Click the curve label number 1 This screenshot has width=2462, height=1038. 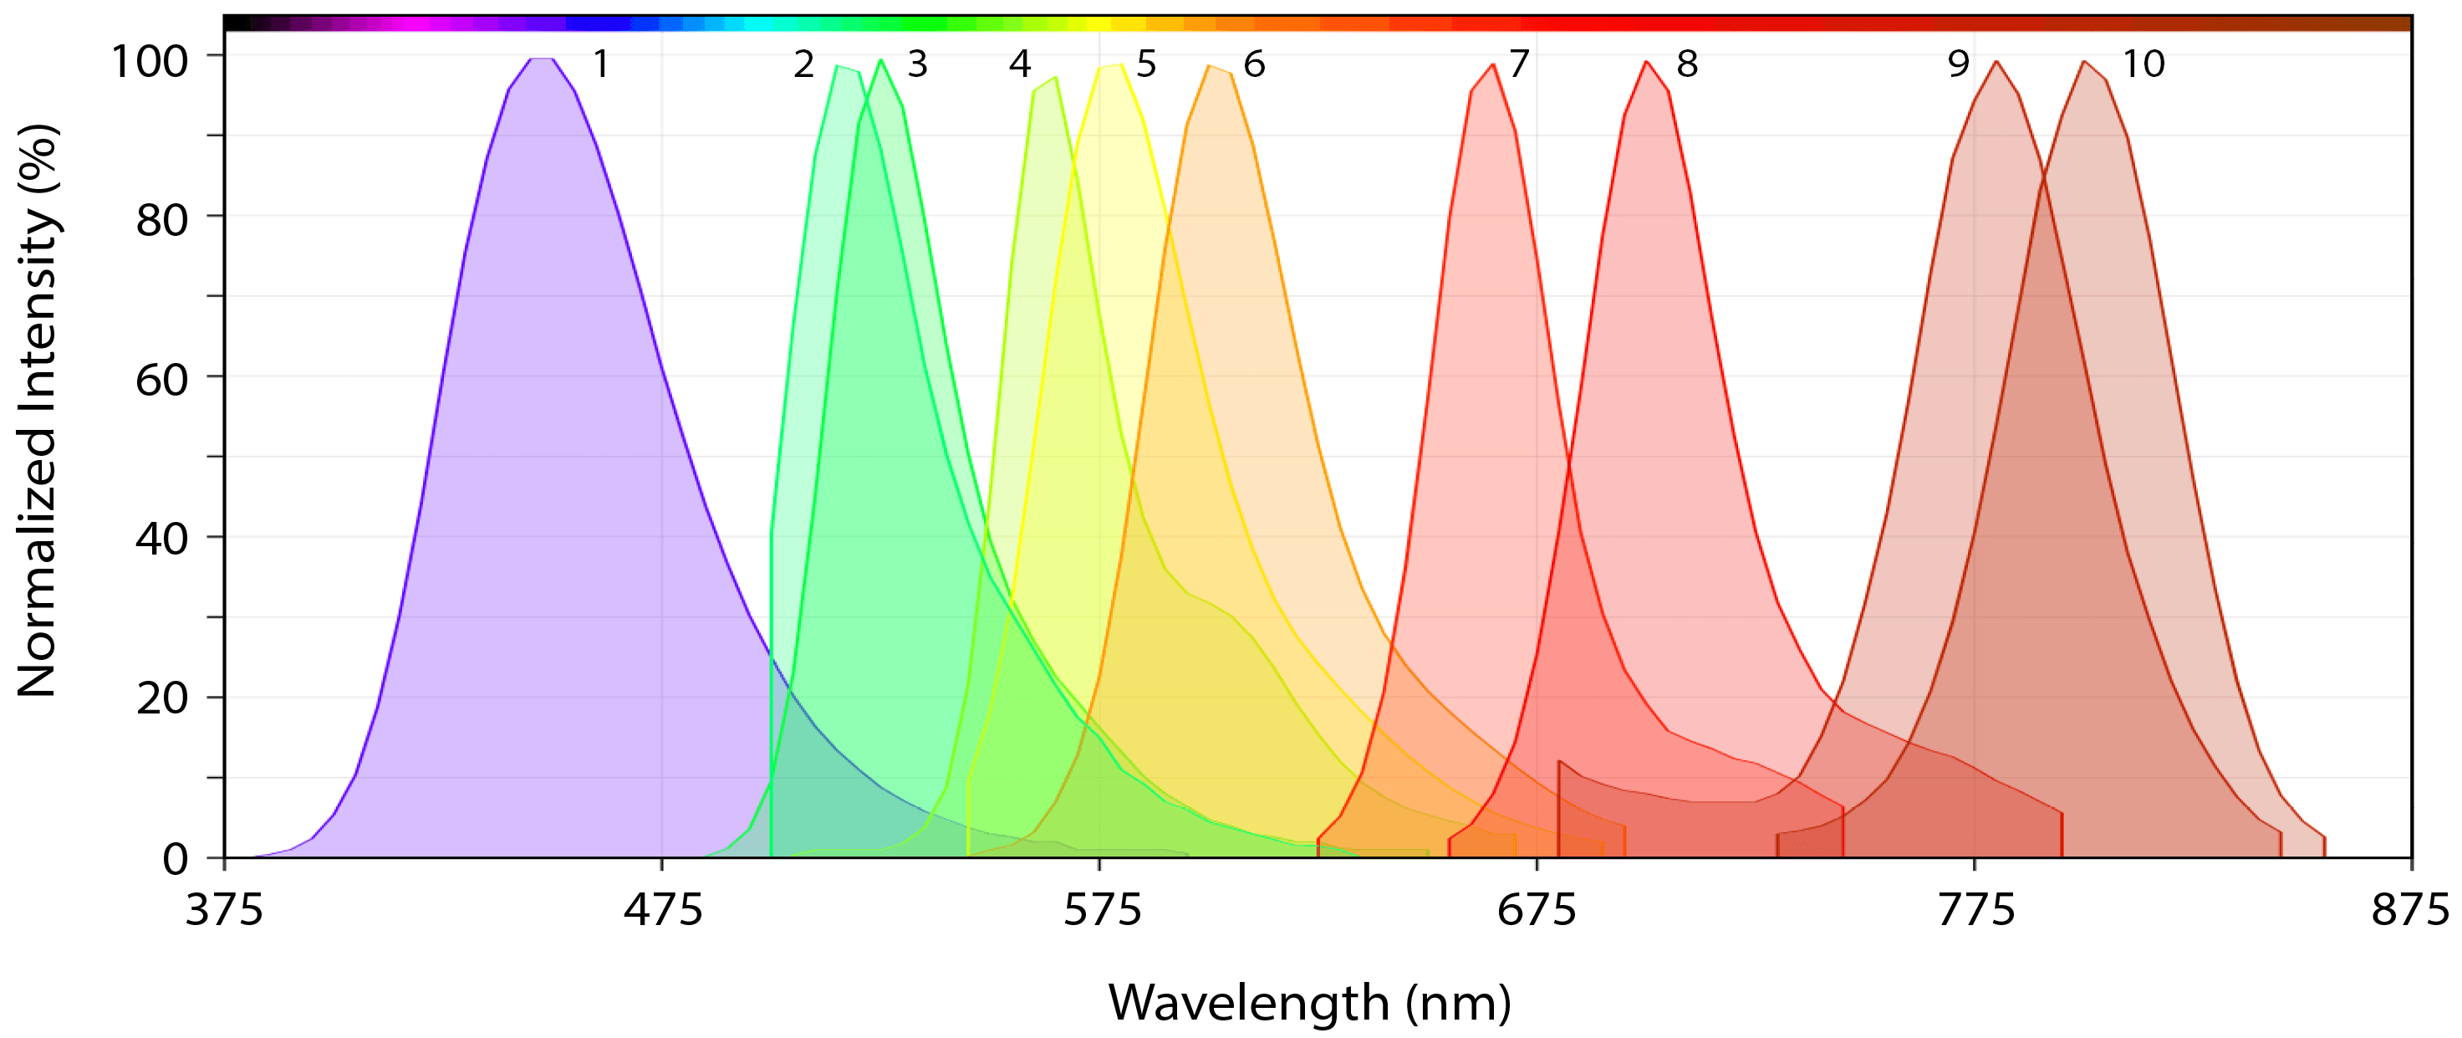click(x=601, y=64)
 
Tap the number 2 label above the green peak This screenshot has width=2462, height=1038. click(x=803, y=64)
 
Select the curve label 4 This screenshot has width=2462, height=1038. click(x=1020, y=64)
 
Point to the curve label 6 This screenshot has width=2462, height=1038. click(x=1254, y=64)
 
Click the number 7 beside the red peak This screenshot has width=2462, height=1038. click(x=1520, y=64)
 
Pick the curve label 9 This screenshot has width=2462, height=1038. click(x=1959, y=64)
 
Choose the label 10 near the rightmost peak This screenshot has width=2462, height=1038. click(x=2143, y=64)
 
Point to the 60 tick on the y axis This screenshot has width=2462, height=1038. click(x=161, y=381)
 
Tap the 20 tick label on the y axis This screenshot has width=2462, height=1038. click(x=161, y=698)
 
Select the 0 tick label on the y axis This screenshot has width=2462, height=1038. click(x=175, y=858)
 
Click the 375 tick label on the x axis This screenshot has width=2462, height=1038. click(x=224, y=910)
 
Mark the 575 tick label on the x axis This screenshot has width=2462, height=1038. click(x=1102, y=910)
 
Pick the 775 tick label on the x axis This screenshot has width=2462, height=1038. click(x=1975, y=910)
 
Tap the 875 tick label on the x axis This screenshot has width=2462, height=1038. click(x=2409, y=910)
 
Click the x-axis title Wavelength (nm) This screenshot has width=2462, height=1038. click(x=1309, y=1003)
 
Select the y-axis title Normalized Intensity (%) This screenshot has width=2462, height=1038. click(x=38, y=411)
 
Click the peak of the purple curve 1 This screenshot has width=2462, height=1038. click(x=542, y=59)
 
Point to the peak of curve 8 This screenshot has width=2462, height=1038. click(x=1647, y=62)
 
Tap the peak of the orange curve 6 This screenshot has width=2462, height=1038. click(x=1210, y=66)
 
